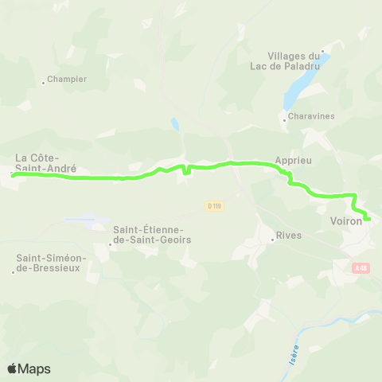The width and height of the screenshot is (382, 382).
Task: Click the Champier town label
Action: [67, 79]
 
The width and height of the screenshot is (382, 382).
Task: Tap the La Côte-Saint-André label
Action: [46, 163]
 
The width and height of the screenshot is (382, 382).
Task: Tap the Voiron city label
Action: [345, 221]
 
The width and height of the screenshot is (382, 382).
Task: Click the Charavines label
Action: [312, 116]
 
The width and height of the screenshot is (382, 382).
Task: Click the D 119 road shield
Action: [213, 206]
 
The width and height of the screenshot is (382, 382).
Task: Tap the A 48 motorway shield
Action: [362, 268]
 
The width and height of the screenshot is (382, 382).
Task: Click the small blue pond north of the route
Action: [173, 123]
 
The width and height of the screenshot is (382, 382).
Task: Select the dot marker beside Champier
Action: [43, 82]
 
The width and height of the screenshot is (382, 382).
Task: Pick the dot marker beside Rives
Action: [271, 240]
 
